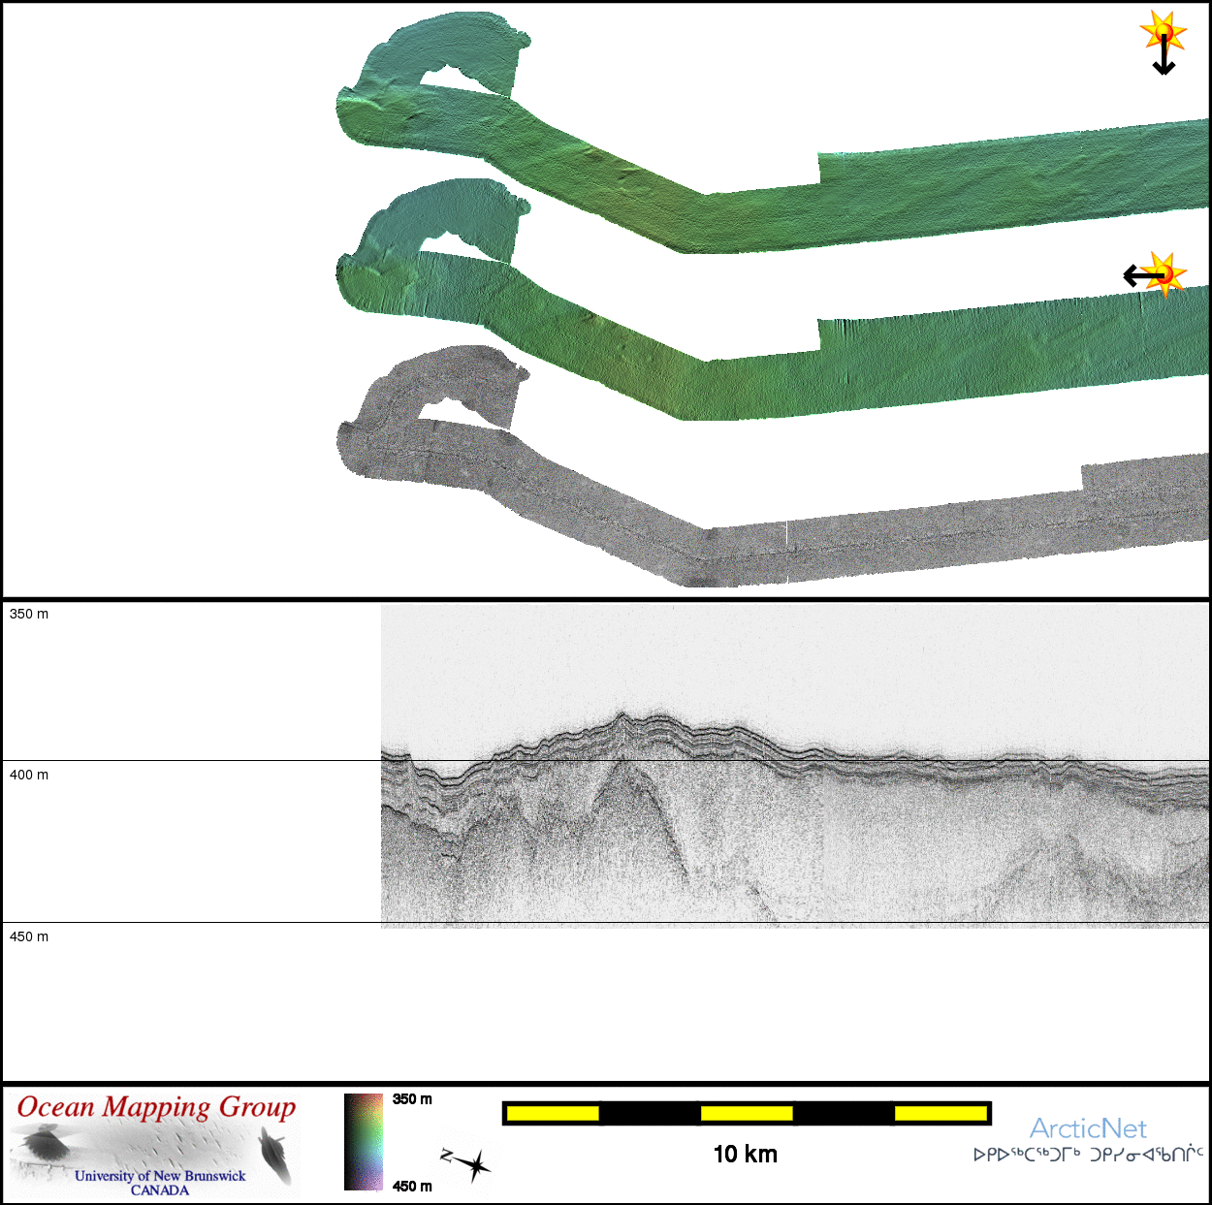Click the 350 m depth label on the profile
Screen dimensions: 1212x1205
pyautogui.click(x=29, y=614)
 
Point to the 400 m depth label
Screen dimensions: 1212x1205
pyautogui.click(x=29, y=775)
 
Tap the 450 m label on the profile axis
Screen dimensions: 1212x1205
pyautogui.click(x=29, y=936)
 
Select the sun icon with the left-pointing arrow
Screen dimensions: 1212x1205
pyautogui.click(x=1156, y=275)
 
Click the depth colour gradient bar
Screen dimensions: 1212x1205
pyautogui.click(x=363, y=1141)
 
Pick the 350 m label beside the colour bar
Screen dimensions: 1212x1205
pyautogui.click(x=412, y=1099)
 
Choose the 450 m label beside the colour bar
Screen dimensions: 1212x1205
pyautogui.click(x=412, y=1187)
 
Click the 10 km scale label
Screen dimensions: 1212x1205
pyautogui.click(x=746, y=1154)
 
